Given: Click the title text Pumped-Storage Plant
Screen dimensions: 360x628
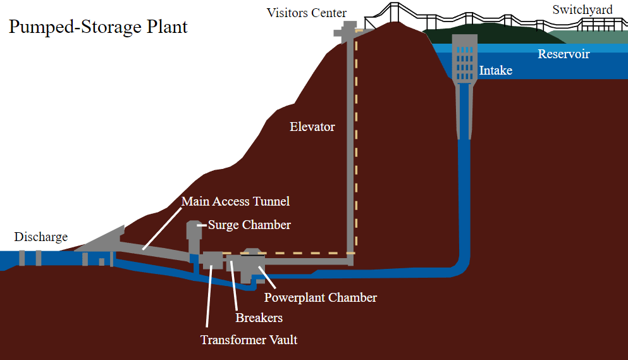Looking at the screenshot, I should [x=98, y=27].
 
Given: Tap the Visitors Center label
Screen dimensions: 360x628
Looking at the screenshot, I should [x=307, y=13].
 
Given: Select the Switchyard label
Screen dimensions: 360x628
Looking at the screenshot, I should [x=582, y=9].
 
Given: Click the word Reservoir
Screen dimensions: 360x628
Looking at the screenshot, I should [x=563, y=54].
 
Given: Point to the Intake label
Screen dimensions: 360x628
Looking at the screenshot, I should [x=496, y=70].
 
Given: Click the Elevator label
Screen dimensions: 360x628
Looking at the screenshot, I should [x=312, y=127].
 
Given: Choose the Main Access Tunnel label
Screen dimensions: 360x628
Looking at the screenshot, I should [x=235, y=201].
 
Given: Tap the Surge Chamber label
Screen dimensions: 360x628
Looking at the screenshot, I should [x=249, y=225].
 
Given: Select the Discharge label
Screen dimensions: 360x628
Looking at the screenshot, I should [x=40, y=237].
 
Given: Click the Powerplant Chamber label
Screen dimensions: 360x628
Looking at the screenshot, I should [x=320, y=297].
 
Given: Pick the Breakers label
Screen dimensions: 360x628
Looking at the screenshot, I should [x=259, y=318].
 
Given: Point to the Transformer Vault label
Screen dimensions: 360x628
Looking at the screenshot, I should [x=249, y=340].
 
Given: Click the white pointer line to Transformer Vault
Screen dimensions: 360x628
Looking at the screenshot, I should [x=209, y=297].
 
